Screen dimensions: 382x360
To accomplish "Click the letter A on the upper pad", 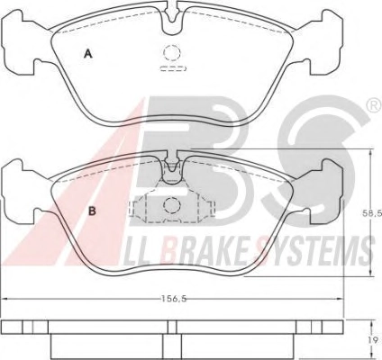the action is (87, 54).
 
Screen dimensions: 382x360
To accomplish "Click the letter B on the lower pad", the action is (93, 211).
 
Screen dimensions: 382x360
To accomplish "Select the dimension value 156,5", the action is (174, 299).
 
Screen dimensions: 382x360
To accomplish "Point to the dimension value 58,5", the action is (376, 213).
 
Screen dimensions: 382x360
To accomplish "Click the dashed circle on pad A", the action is (172, 52).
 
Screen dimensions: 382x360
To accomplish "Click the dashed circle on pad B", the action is (172, 205).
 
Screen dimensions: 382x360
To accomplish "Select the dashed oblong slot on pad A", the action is (174, 68).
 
